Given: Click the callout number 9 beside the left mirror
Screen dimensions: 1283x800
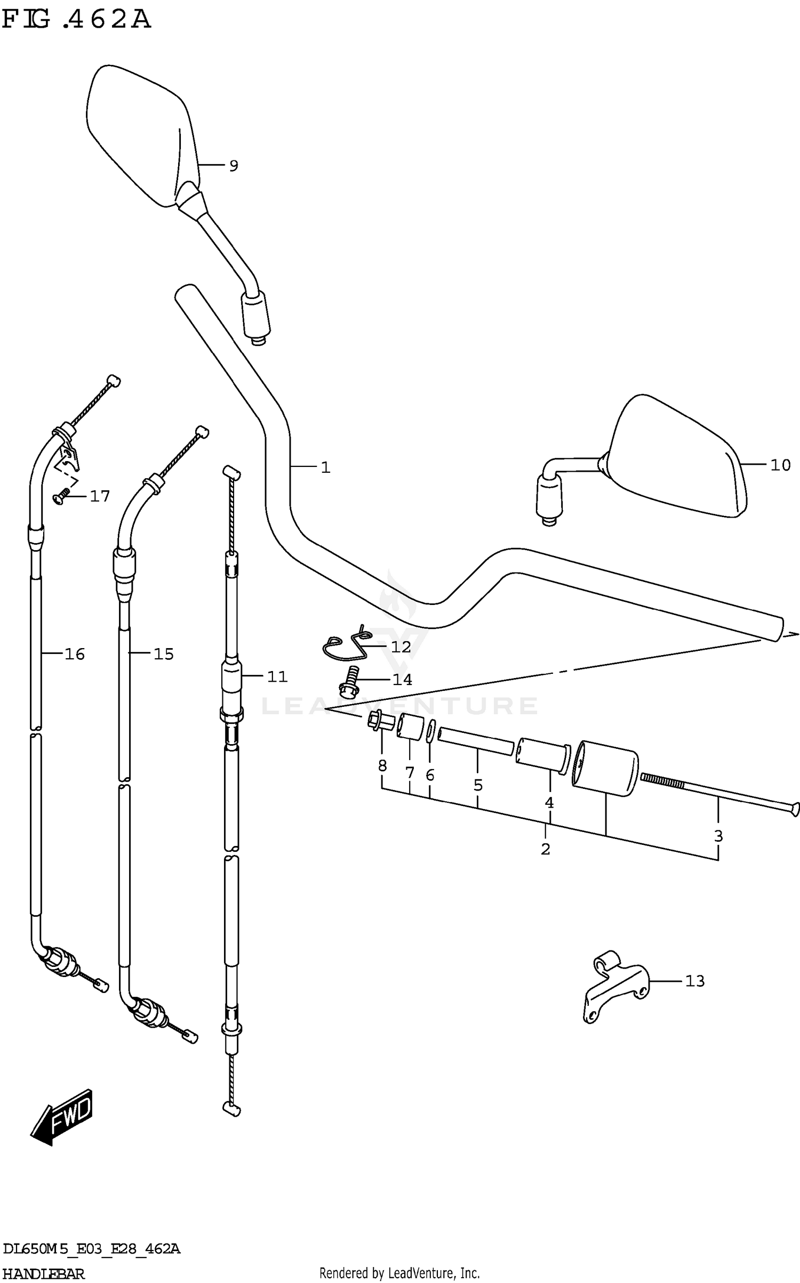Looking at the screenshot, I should (x=233, y=166).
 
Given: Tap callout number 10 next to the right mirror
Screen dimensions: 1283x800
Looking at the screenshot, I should (x=780, y=465).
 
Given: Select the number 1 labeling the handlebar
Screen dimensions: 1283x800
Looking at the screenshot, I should (x=325, y=467).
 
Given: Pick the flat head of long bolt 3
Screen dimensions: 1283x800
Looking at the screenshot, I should (x=794, y=810).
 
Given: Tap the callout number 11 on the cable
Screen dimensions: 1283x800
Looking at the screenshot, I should (x=277, y=677).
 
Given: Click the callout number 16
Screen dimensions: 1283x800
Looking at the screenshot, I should (x=75, y=654).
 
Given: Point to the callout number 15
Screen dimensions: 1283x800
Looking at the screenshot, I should (x=164, y=654).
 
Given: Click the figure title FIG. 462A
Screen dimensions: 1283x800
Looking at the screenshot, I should (x=76, y=20).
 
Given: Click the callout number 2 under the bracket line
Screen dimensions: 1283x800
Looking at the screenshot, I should (x=545, y=849).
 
